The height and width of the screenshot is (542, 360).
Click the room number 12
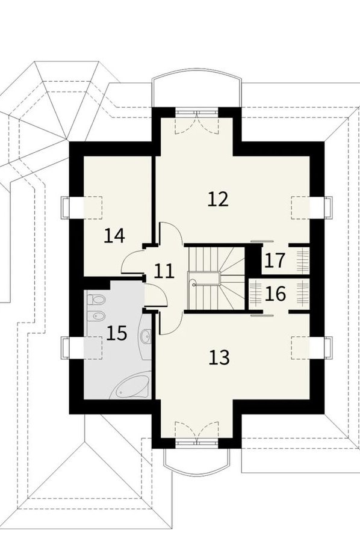[218, 200]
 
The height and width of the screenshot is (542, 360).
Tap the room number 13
[219, 357]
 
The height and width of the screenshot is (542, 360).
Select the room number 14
[114, 236]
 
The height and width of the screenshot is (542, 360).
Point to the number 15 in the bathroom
[117, 334]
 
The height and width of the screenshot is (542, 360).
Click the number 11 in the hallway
[164, 271]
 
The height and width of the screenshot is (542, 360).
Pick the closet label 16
[275, 294]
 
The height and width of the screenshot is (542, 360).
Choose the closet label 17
[275, 260]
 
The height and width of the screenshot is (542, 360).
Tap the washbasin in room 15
[146, 334]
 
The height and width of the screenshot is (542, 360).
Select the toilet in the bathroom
[96, 299]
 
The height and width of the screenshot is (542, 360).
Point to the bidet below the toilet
[96, 316]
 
